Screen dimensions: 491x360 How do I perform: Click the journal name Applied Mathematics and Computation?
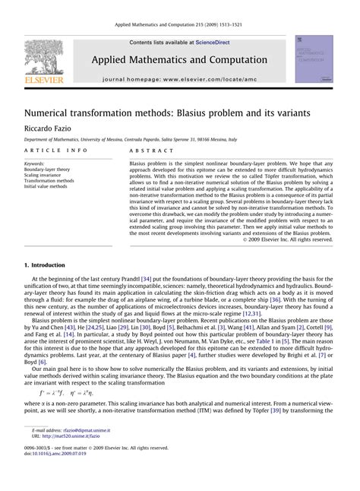point(179,60)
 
